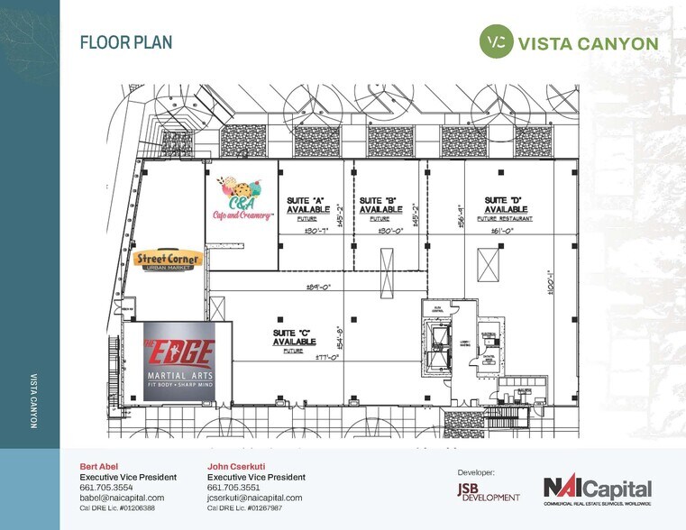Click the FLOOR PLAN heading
coord(126,42)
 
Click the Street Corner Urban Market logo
coord(168,260)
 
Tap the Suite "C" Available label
coord(294,340)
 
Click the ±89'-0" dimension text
coord(321,288)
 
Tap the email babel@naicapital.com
coord(122,498)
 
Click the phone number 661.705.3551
coord(233,487)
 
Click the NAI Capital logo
coord(597,491)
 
